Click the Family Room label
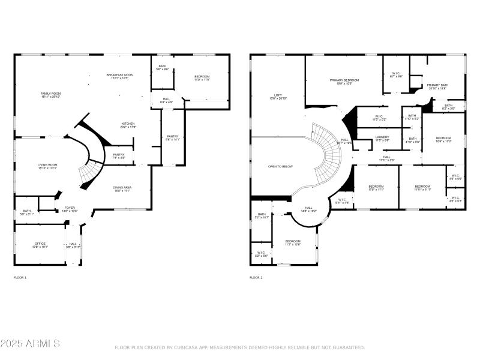coord(50,94)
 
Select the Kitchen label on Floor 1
coord(128,124)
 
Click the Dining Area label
coord(122,188)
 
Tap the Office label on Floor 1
coord(40,244)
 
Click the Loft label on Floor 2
coord(278,95)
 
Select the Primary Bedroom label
coord(344,80)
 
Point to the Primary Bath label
coord(437,86)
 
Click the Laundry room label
coord(382,137)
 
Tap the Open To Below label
coord(280,166)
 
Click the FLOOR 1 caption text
coord(20,277)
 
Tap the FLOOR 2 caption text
coord(256,277)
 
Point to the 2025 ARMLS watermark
coord(30,344)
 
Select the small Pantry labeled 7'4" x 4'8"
coord(118,155)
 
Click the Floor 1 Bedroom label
coord(202,77)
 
